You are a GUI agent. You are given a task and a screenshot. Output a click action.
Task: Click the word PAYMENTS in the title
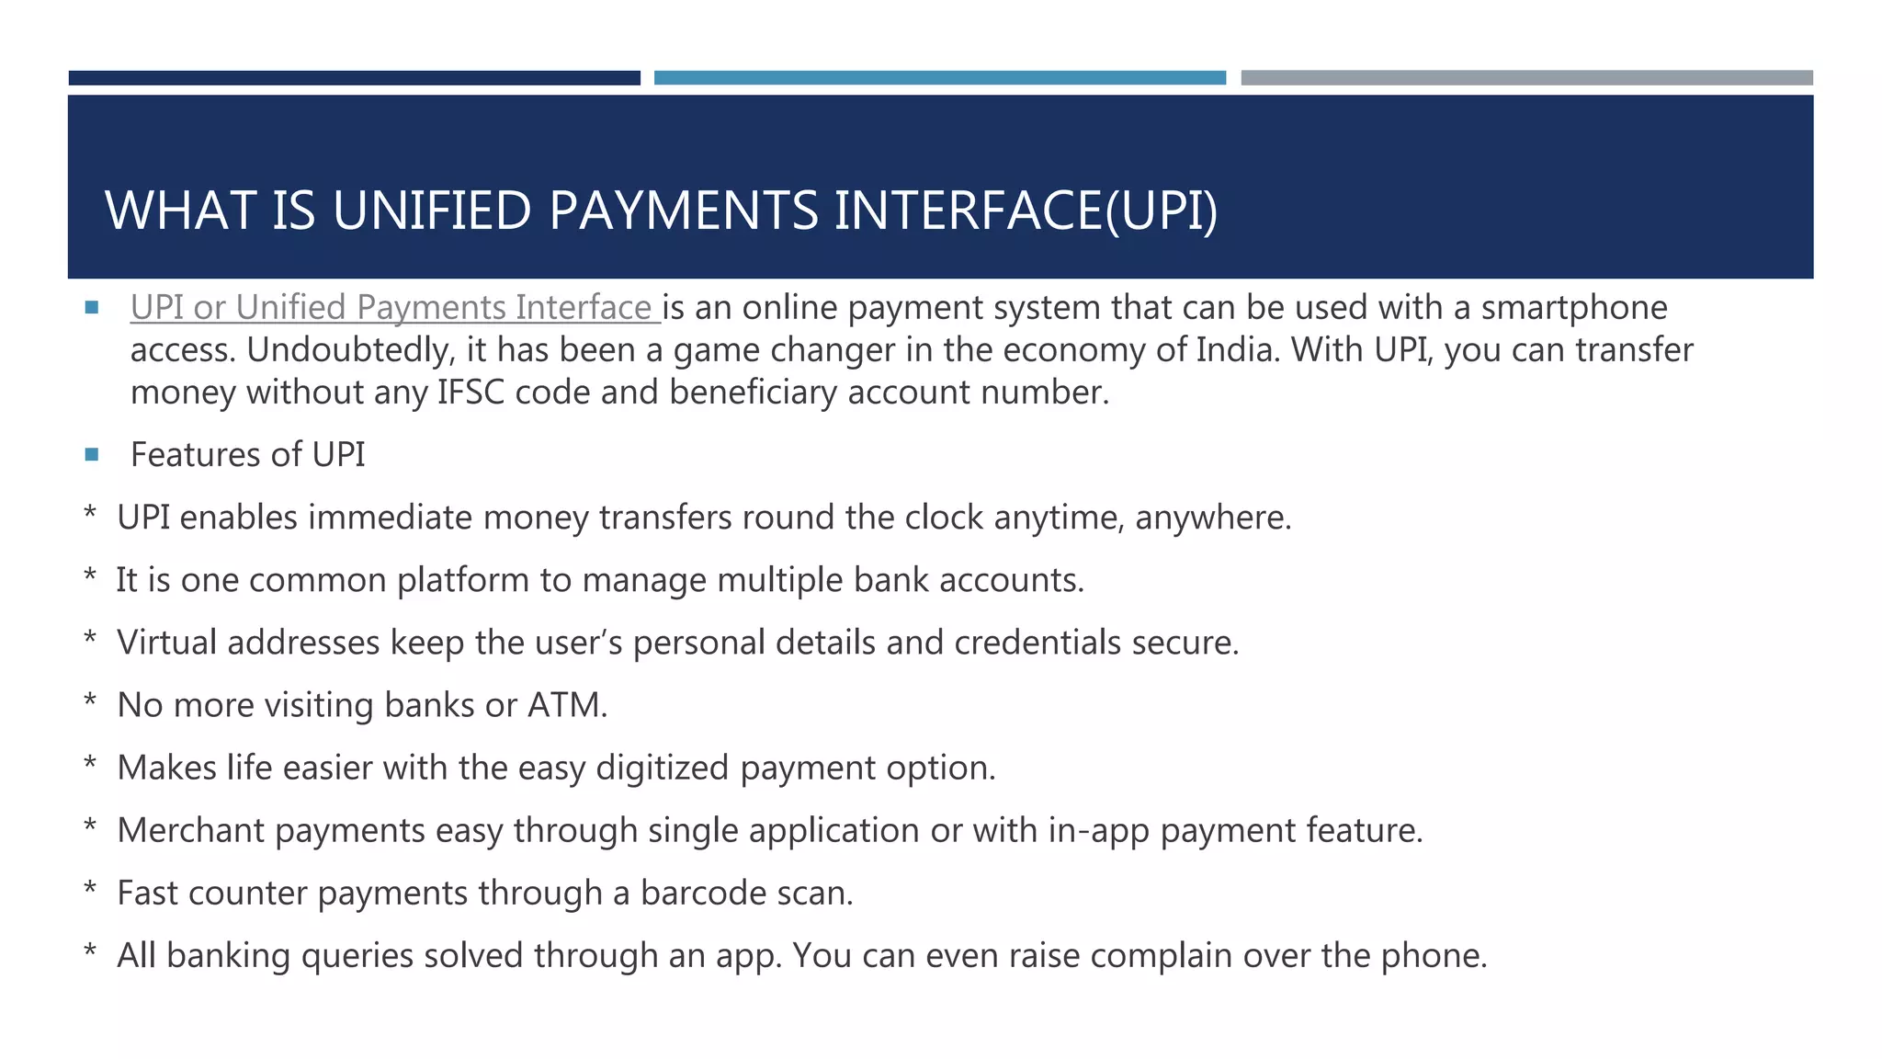[683, 211]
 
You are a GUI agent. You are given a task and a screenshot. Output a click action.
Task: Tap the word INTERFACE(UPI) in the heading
[1026, 211]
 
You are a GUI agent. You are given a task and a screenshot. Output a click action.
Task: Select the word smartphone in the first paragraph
[1573, 307]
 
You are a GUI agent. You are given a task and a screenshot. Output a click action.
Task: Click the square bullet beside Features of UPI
[91, 454]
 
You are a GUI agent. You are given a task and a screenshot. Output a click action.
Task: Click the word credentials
[1037, 643]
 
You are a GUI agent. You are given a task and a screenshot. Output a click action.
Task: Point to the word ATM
[566, 705]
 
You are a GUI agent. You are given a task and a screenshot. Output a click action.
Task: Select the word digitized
[662, 768]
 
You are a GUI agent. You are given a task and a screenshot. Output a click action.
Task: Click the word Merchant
[191, 830]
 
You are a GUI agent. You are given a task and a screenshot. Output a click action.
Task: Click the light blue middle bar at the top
[939, 78]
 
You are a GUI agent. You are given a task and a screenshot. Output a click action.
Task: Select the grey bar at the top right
[1526, 78]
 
